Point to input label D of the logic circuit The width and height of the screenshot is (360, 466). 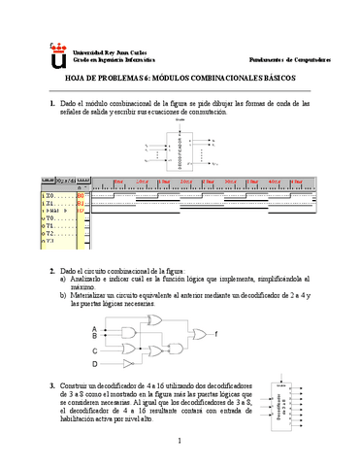94,364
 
